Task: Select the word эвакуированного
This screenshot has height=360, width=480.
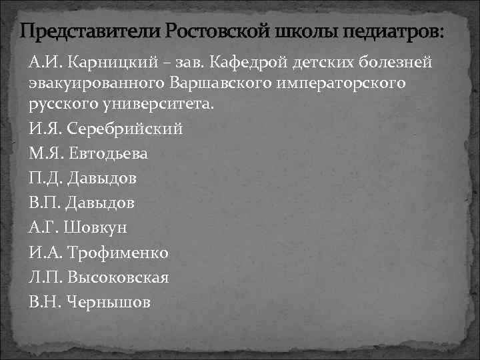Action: pyautogui.click(x=89, y=85)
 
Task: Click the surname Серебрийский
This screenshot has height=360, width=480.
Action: pyautogui.click(x=124, y=129)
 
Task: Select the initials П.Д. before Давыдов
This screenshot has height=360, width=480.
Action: pyautogui.click(x=43, y=178)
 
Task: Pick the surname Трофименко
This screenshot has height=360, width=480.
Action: pyautogui.click(x=117, y=252)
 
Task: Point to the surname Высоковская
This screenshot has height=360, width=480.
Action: pyautogui.click(x=117, y=277)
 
